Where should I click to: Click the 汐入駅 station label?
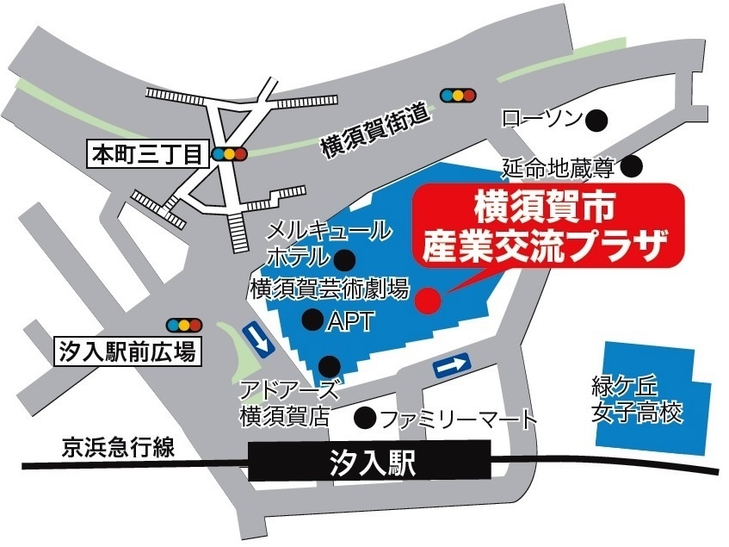coord(372,466)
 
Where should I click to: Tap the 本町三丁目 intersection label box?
coord(147,155)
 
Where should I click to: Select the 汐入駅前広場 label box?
coord(128,351)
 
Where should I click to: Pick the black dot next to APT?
coord(312,320)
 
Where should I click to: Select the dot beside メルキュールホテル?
coord(346,258)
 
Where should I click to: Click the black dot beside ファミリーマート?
coord(367,420)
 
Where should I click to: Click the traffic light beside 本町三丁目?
coord(230,155)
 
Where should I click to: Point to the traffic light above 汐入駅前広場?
coord(184,325)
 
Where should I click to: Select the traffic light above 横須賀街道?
coord(457,94)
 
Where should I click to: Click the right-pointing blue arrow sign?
coord(453,367)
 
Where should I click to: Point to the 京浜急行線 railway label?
coord(118,447)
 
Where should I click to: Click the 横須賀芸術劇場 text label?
coord(330,289)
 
